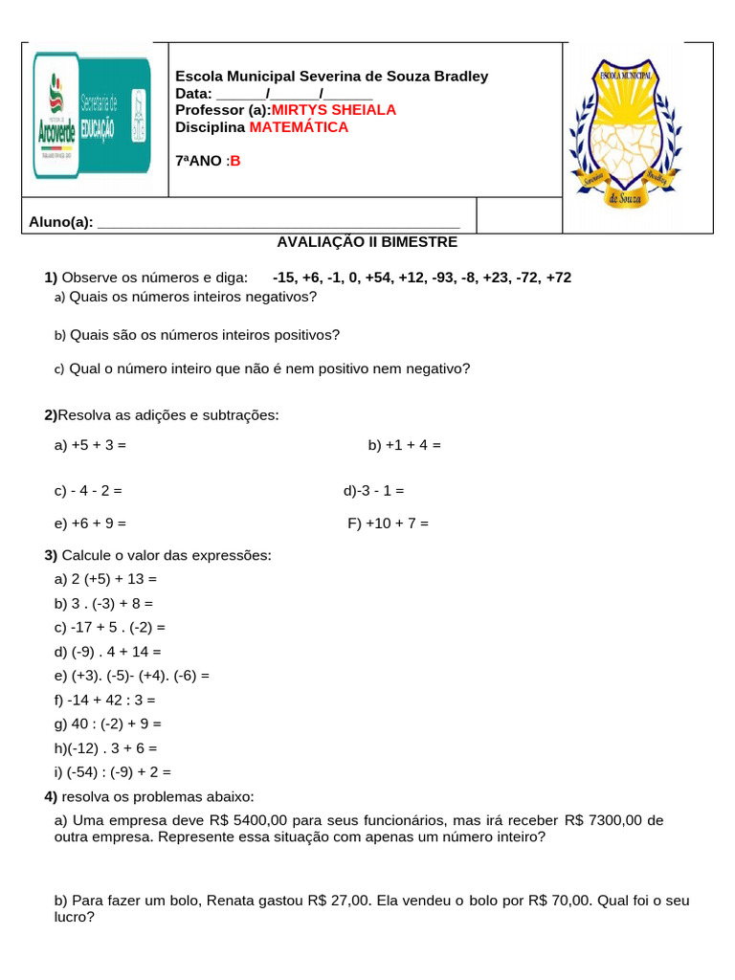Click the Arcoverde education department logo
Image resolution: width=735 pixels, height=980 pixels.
92,116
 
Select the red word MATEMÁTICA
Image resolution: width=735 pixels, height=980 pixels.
300,127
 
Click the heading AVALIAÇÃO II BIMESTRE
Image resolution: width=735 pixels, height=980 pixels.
367,242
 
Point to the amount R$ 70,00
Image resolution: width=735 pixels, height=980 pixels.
560,901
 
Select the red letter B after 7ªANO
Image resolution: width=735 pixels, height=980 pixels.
235,161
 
